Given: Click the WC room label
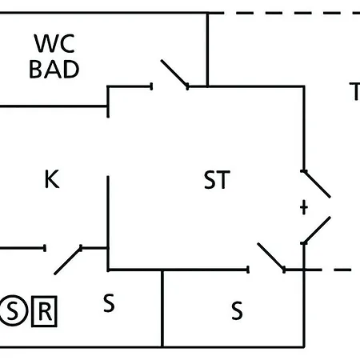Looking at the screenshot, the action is point(54,43).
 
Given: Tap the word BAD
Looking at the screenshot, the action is point(54,69).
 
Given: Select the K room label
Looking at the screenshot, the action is point(52,179).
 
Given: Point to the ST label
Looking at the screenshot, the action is point(217,180).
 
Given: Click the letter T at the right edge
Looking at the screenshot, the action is point(355,91).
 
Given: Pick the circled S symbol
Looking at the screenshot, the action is point(13,310).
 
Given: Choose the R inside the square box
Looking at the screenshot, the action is point(44,311).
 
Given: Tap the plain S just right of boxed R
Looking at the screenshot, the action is point(109,302).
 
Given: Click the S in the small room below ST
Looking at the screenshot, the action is point(237,310).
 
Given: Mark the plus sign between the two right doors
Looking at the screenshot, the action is point(304,207).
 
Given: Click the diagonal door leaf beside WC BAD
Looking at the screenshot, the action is point(174,74).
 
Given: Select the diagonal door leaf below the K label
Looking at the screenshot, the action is point(68,260).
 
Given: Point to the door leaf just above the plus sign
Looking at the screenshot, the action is point(316,184).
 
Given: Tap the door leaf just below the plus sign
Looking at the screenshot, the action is point(317,230).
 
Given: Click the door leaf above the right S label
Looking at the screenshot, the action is point(271,257).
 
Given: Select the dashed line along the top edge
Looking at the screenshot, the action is point(291,13).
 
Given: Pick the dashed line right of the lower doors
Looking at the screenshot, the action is point(331,270).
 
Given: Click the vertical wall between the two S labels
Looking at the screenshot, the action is point(162,309).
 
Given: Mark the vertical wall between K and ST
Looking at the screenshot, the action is point(108,223).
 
